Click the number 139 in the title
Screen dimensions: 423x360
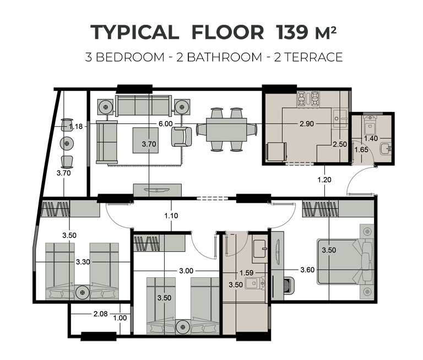click(x=291, y=32)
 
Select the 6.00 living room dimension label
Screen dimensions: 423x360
click(x=165, y=123)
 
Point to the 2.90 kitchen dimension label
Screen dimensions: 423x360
click(x=307, y=123)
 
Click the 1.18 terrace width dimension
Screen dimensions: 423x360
click(x=76, y=126)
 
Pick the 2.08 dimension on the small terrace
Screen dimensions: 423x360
click(x=100, y=314)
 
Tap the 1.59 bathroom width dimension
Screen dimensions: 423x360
click(x=246, y=273)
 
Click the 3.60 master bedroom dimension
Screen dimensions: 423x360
click(x=307, y=270)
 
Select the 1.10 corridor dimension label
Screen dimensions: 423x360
click(x=171, y=216)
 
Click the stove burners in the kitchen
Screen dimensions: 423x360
click(x=308, y=98)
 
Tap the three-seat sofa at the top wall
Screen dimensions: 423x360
click(x=143, y=105)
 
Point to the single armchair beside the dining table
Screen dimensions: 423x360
click(x=182, y=137)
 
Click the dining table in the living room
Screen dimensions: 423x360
click(x=226, y=130)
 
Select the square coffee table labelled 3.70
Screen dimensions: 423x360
click(x=145, y=141)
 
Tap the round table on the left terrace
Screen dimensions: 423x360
click(x=67, y=143)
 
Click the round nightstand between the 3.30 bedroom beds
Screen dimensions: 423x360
click(x=82, y=292)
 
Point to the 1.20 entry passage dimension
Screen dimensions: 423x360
click(x=324, y=180)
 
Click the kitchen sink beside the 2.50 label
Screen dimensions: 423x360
click(x=340, y=119)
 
